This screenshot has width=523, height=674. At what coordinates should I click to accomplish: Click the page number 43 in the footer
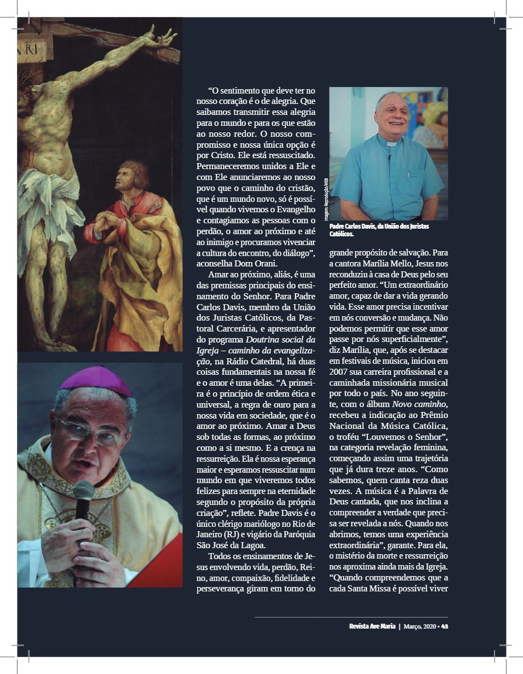[445, 626]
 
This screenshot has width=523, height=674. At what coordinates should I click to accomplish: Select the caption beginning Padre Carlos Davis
[379, 230]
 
